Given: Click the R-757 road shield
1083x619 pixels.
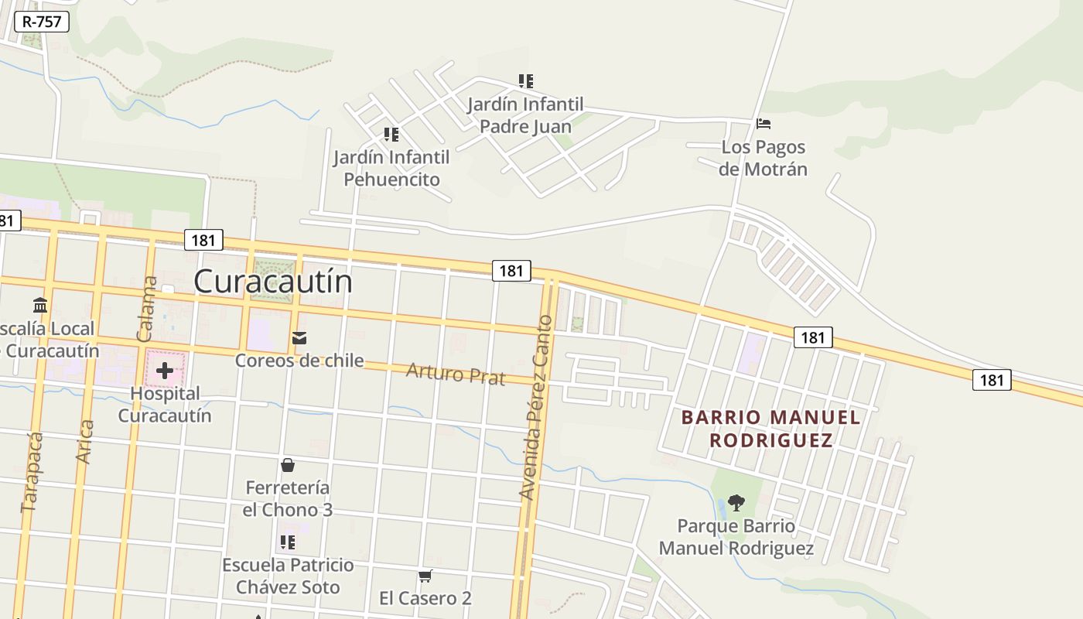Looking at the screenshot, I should (x=42, y=22).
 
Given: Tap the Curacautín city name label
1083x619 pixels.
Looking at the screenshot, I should (x=273, y=281).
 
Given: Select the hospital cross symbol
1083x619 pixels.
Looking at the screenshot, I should (x=165, y=371).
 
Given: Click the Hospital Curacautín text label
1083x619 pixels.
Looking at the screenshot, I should (x=165, y=404).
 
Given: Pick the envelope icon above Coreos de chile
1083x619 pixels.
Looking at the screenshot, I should (x=299, y=338).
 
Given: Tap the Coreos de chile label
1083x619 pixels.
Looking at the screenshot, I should (x=299, y=360).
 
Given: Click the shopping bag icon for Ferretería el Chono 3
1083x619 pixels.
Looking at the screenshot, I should (x=288, y=465).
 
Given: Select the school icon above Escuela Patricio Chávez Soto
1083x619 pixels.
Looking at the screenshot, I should (x=288, y=542).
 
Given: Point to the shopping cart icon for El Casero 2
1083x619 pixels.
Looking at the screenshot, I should (x=425, y=576).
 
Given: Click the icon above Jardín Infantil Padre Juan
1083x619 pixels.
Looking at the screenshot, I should (x=526, y=81).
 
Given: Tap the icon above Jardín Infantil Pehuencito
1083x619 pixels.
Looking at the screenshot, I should (x=391, y=135).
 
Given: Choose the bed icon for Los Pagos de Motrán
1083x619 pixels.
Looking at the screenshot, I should (x=764, y=124).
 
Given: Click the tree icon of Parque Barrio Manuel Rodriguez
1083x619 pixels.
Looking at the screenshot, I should (x=736, y=503).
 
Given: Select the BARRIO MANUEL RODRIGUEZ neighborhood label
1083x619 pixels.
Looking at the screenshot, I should (x=770, y=429).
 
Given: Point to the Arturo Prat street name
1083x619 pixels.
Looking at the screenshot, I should (x=456, y=374).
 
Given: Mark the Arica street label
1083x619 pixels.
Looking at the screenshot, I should (x=85, y=441).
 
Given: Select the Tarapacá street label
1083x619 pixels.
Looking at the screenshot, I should (x=31, y=472).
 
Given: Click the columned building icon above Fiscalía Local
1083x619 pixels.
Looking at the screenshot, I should (x=40, y=306).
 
